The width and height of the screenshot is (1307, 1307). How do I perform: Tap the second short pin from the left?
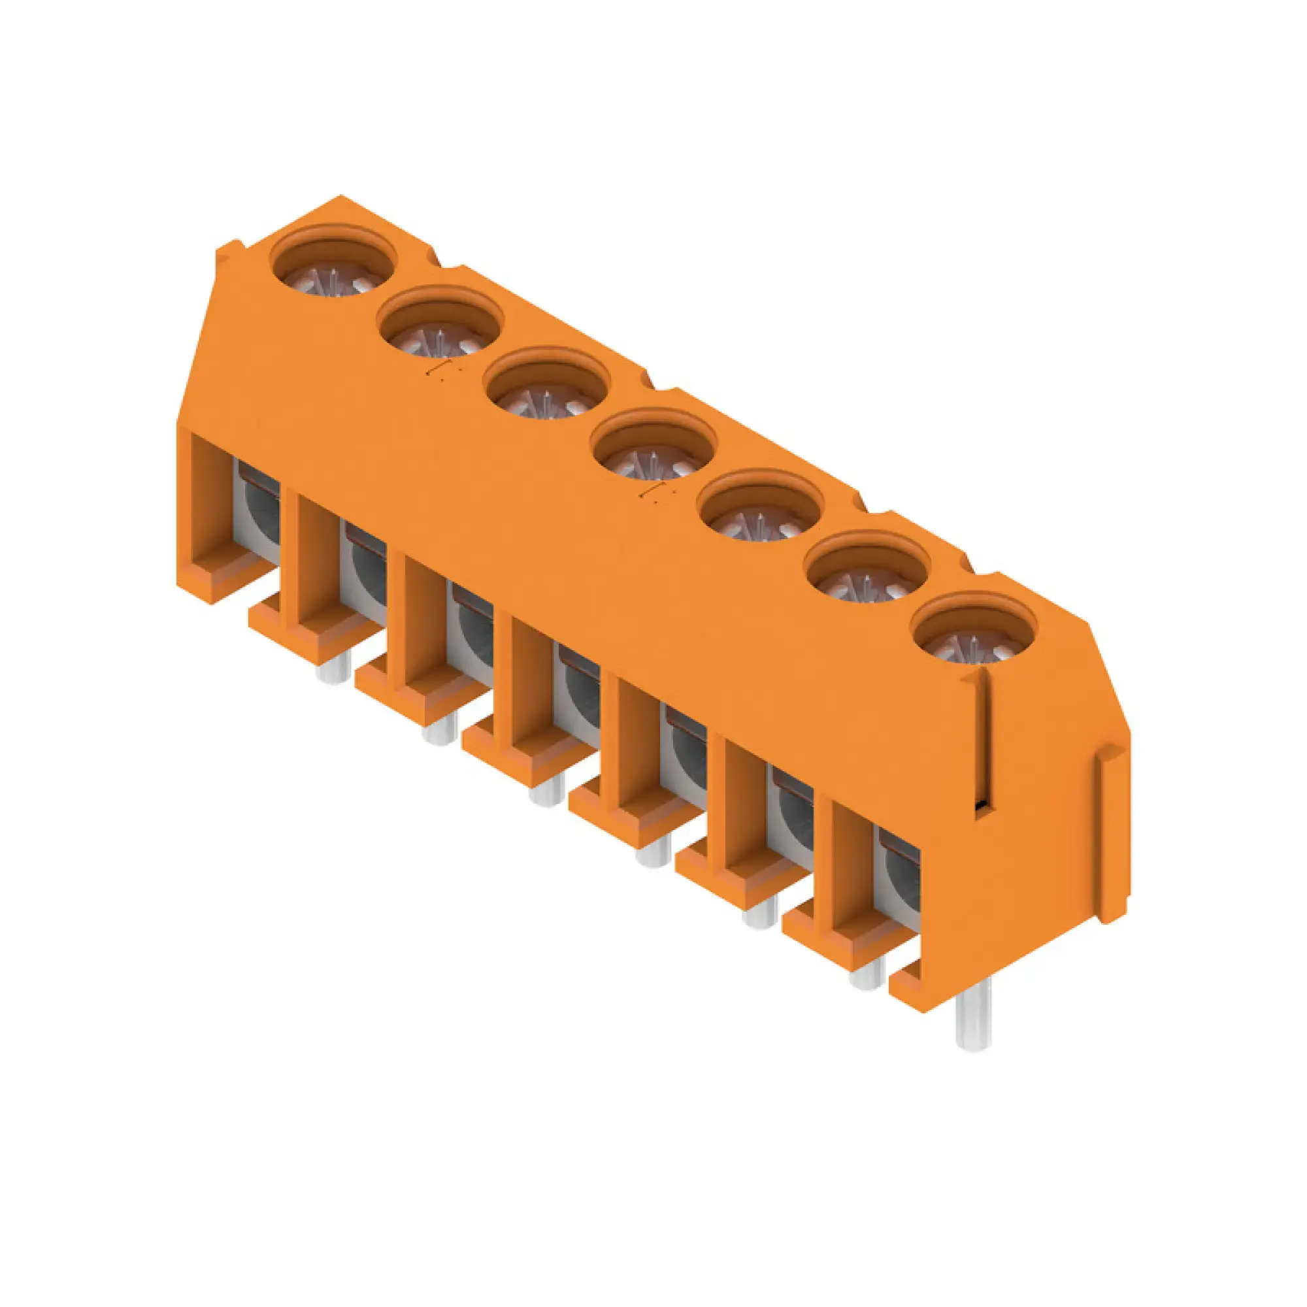[440, 731]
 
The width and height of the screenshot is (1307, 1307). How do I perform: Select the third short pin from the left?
[546, 791]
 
